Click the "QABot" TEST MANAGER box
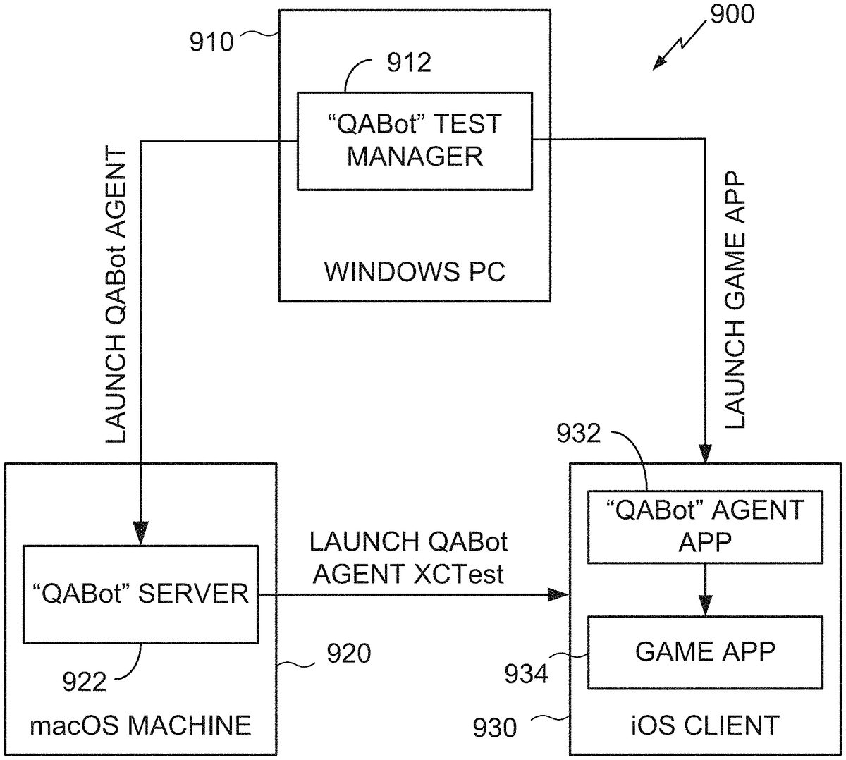click(414, 140)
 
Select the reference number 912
click(409, 63)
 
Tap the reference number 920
click(348, 654)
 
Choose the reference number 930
click(493, 727)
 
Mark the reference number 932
click(579, 433)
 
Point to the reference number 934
click(525, 675)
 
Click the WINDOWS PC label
click(415, 272)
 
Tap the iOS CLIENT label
click(705, 725)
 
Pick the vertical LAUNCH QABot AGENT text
click(116, 296)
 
